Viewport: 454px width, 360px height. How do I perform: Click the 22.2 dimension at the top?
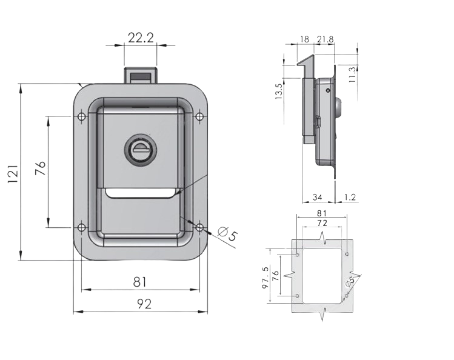pyautogui.click(x=141, y=38)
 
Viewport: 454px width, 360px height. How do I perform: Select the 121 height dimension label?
pyautogui.click(x=13, y=174)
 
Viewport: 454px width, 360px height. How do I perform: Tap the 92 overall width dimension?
pyautogui.click(x=144, y=304)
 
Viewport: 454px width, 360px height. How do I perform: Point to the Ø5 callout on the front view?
pyautogui.click(x=228, y=234)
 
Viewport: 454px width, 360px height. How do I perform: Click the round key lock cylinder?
pyautogui.click(x=141, y=149)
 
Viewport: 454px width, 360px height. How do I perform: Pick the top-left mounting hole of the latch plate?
pyautogui.click(x=82, y=116)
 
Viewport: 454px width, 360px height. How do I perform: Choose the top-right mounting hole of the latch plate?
pyautogui.click(x=199, y=116)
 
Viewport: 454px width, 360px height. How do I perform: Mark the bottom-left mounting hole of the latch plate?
pyautogui.click(x=82, y=228)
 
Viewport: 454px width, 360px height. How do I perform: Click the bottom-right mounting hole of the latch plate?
pyautogui.click(x=199, y=228)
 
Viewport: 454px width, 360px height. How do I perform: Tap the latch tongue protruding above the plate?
pyautogui.click(x=141, y=76)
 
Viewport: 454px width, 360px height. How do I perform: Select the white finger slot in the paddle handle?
pyautogui.click(x=141, y=193)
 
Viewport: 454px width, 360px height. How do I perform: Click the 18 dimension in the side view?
pyautogui.click(x=305, y=39)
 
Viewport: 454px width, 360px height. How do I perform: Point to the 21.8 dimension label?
pyautogui.click(x=325, y=39)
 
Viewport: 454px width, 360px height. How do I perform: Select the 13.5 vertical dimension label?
pyautogui.click(x=279, y=92)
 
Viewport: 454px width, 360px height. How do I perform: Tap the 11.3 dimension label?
pyautogui.click(x=352, y=75)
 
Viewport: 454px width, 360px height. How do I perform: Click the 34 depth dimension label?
pyautogui.click(x=318, y=198)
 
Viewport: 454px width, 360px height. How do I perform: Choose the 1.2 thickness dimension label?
pyautogui.click(x=350, y=198)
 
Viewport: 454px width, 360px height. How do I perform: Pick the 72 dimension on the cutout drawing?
pyautogui.click(x=322, y=223)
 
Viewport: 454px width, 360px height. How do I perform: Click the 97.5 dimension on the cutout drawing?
pyautogui.click(x=265, y=278)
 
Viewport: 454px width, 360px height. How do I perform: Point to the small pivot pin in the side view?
pyautogui.click(x=328, y=90)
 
